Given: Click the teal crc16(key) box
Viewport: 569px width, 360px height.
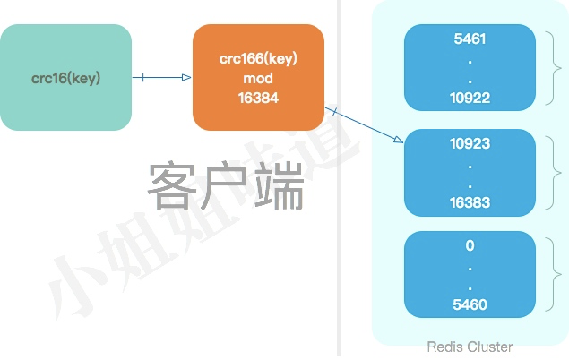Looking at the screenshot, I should [65, 78].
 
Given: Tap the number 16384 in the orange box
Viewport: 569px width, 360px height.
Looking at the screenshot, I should [258, 98].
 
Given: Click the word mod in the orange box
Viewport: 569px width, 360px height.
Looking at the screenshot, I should [258, 79].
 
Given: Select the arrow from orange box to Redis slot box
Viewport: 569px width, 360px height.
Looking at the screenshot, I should [366, 125].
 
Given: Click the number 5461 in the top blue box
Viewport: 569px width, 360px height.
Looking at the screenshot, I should [470, 39].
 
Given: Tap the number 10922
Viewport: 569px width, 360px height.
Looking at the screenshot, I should [470, 98].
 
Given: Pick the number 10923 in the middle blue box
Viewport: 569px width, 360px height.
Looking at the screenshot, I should [470, 143].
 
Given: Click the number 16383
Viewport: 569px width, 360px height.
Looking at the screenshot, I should [470, 202].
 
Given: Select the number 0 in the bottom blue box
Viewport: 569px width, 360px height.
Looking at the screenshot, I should [470, 246].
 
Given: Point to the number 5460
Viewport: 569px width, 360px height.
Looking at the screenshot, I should [470, 305].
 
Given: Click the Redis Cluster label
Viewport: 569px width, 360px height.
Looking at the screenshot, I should [470, 347].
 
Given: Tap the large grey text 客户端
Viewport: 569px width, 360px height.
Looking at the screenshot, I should [226, 185].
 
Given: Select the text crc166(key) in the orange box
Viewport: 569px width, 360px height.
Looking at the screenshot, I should [258, 59].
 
